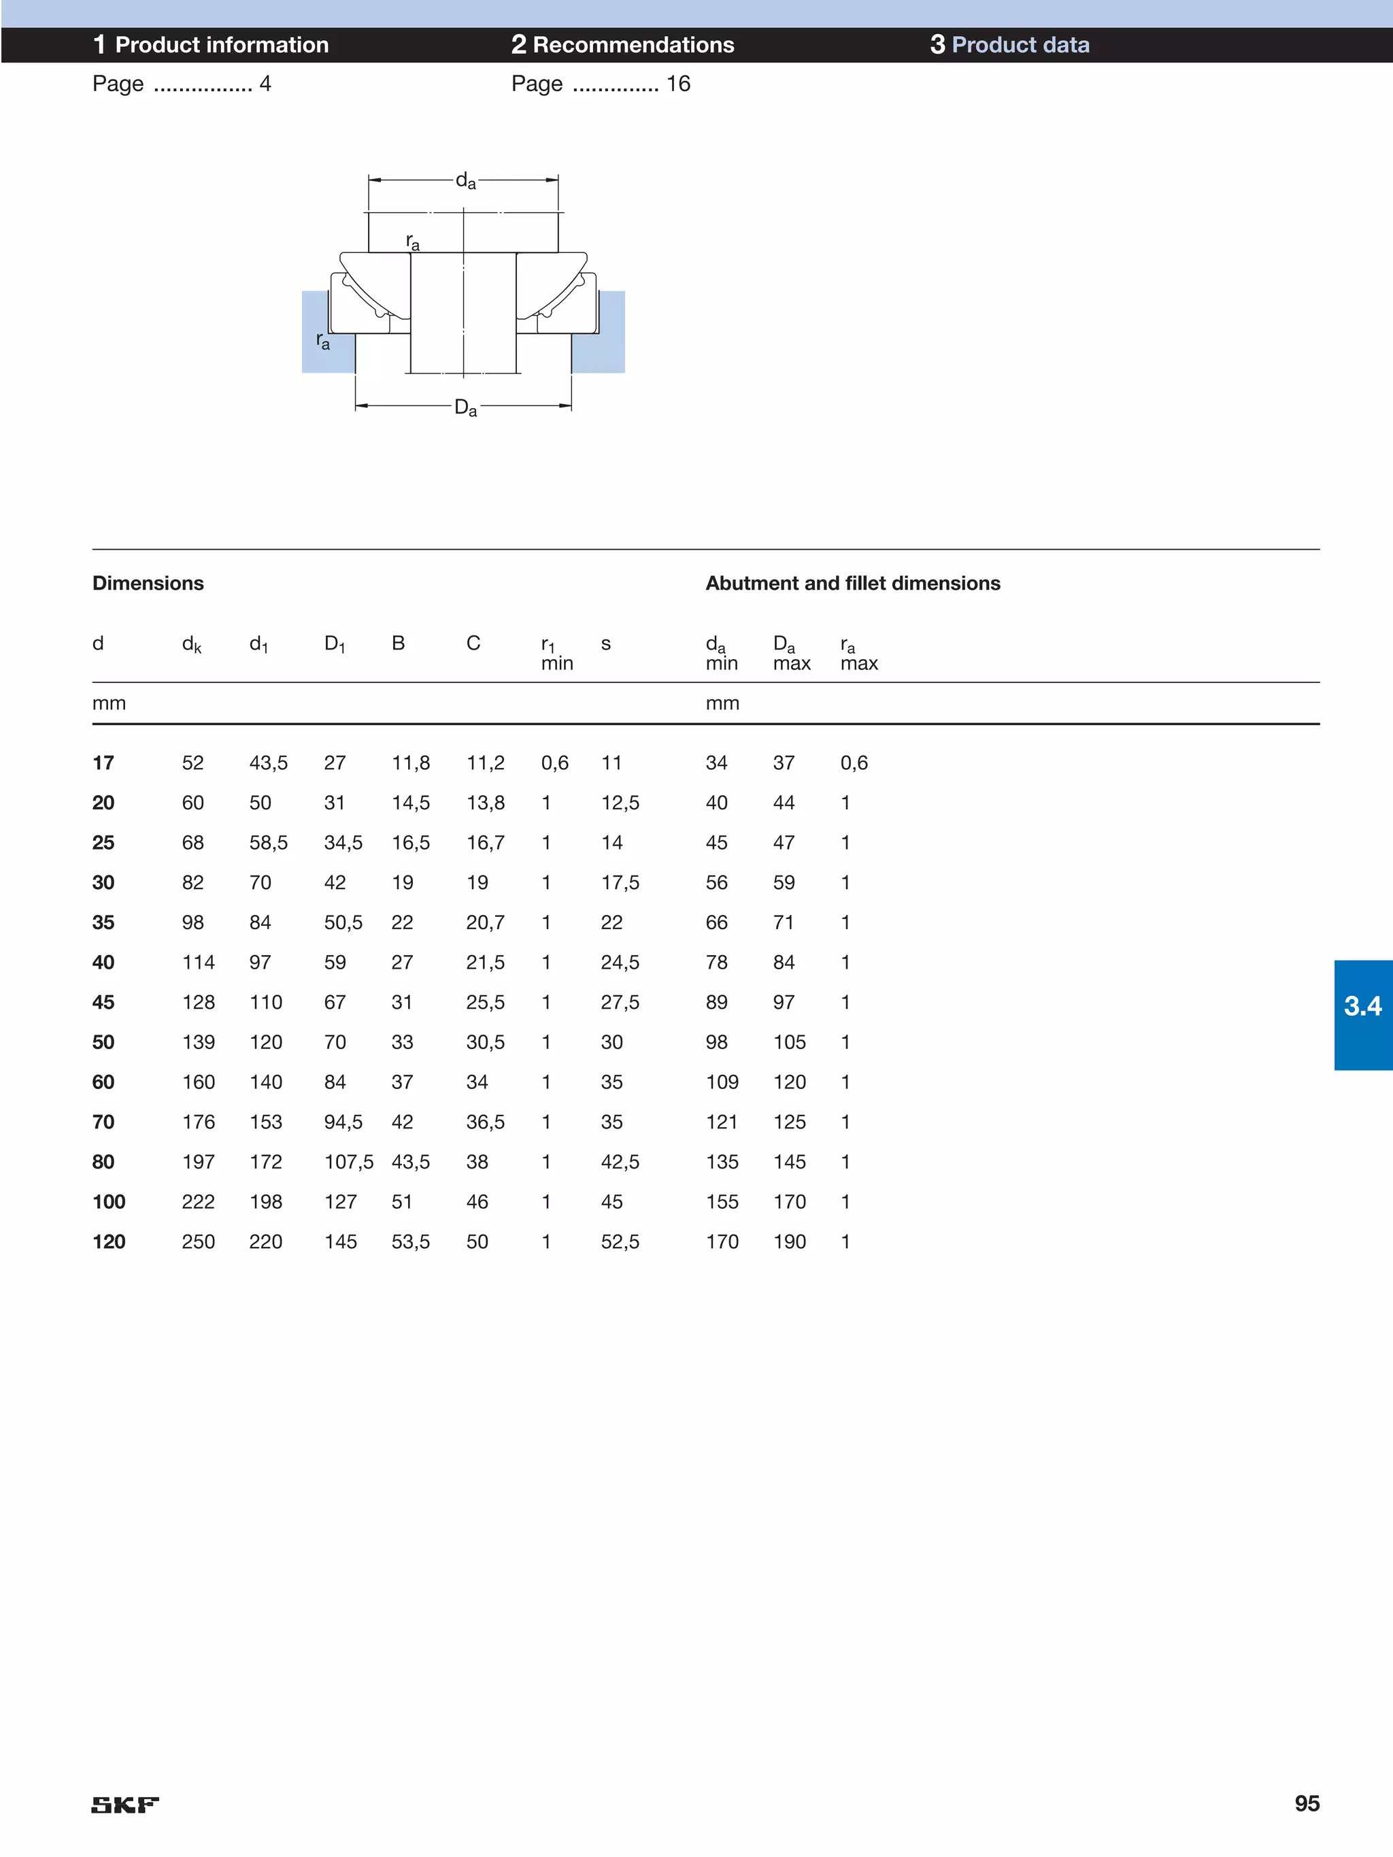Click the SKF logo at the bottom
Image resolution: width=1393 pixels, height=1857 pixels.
coord(124,1804)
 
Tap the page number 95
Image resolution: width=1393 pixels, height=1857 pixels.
coord(1306,1803)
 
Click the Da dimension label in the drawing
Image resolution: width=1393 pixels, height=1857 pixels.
coord(465,408)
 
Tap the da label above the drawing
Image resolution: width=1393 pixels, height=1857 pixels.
coord(465,180)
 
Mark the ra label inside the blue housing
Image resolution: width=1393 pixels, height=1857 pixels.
coord(322,341)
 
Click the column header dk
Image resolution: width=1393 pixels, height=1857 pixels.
coord(191,645)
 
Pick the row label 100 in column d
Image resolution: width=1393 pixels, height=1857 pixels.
coord(108,1201)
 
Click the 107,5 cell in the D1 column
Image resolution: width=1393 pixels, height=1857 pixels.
coord(348,1162)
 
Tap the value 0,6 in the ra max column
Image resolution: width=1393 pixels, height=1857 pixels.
coord(854,763)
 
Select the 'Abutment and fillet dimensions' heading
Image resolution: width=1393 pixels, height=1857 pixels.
coord(852,584)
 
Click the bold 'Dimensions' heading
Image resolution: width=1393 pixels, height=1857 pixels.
coord(148,584)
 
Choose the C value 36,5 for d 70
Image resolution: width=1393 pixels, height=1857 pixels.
coord(486,1122)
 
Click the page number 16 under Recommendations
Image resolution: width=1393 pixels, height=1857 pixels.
coord(677,84)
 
